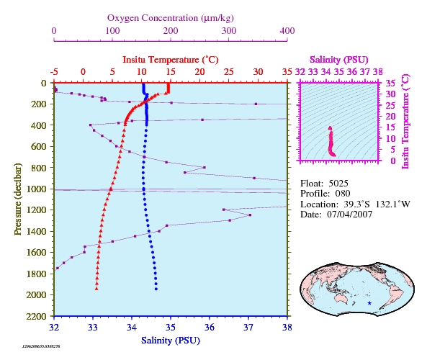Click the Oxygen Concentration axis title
click(171, 18)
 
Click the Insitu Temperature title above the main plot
click(171, 60)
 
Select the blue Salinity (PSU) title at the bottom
click(171, 341)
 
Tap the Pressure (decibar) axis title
click(18, 199)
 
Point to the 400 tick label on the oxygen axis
click(287, 31)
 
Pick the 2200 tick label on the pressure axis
click(36, 316)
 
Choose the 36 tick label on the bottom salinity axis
click(210, 327)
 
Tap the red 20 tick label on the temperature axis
click(199, 72)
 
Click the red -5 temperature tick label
click(54, 72)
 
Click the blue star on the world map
click(369, 303)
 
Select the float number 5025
click(338, 184)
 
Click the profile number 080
click(343, 194)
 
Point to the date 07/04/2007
click(350, 215)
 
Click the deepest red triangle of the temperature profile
click(96, 289)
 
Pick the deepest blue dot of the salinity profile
click(156, 289)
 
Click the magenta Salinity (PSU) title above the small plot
click(339, 60)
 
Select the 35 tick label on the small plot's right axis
click(390, 83)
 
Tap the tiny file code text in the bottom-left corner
click(41, 346)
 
